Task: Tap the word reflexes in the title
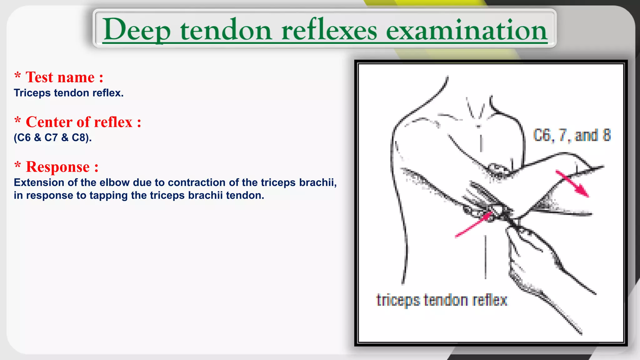pos(329,30)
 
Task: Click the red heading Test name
pos(64,77)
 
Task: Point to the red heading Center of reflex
pos(83,122)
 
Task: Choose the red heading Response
pos(62,167)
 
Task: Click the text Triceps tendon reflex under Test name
pos(69,93)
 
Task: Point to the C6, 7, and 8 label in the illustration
pos(572,135)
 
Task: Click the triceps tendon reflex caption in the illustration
pos(442,300)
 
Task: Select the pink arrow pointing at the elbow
pos(474,224)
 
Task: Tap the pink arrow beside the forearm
pos(572,183)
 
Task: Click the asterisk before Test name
pos(18,76)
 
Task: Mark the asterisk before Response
pos(18,166)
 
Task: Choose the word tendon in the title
pos(226,30)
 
